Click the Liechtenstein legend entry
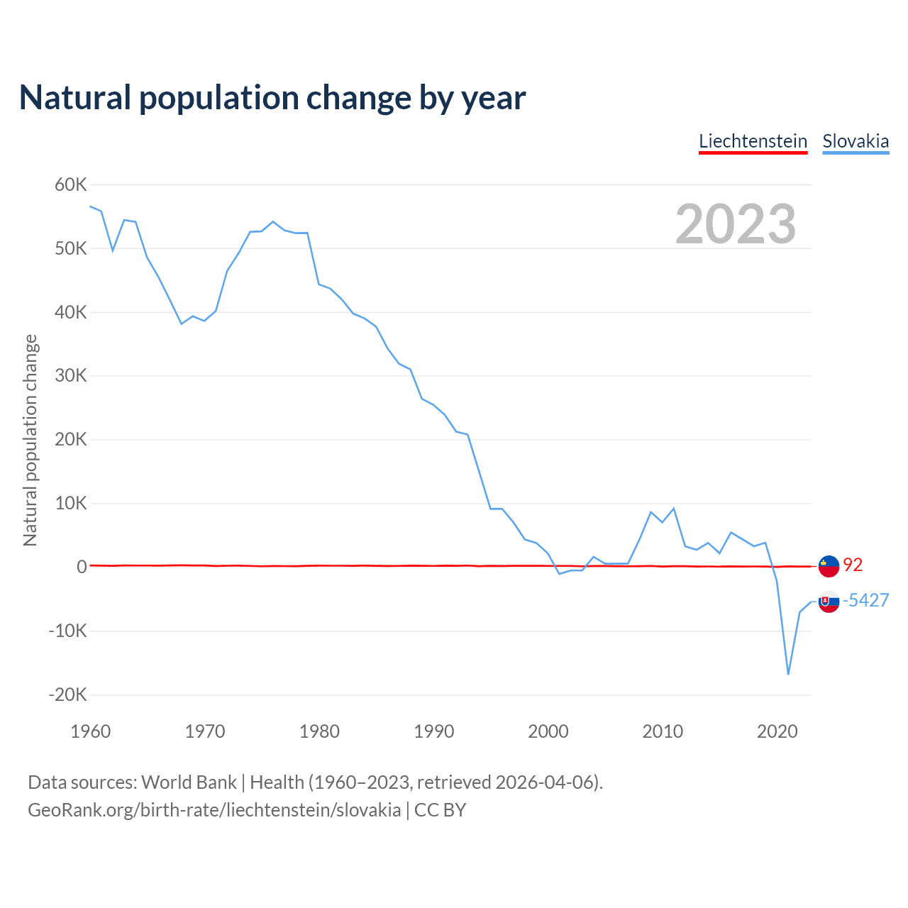click(x=753, y=141)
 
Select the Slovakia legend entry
click(x=856, y=141)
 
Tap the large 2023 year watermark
click(x=736, y=224)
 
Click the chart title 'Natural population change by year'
click(x=272, y=98)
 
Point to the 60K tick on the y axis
click(x=71, y=185)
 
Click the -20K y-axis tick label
click(x=68, y=695)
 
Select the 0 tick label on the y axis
click(x=82, y=567)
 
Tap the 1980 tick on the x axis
click(x=319, y=731)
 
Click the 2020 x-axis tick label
click(x=777, y=731)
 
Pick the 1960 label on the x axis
click(x=91, y=731)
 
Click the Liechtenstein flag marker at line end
click(x=829, y=566)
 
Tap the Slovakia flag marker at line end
click(x=829, y=602)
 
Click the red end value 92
click(x=853, y=565)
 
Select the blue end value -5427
click(x=865, y=600)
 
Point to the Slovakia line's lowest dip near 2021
click(x=788, y=673)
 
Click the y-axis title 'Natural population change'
click(x=30, y=440)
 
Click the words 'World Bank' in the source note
click(x=189, y=782)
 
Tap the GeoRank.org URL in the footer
click(x=214, y=810)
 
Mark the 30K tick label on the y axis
click(x=71, y=376)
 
